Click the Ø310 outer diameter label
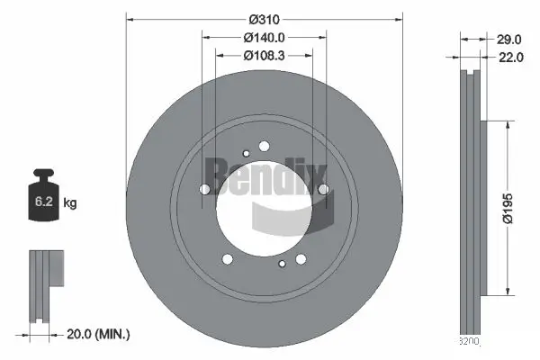click(264, 19)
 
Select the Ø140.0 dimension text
click(264, 38)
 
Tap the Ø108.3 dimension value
click(264, 56)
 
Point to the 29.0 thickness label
click(509, 40)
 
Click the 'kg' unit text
click(69, 204)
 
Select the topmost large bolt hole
click(264, 146)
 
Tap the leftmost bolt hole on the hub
click(204, 189)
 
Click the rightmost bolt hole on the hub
click(322, 189)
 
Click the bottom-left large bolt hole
click(227, 258)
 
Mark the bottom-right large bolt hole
click(301, 258)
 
